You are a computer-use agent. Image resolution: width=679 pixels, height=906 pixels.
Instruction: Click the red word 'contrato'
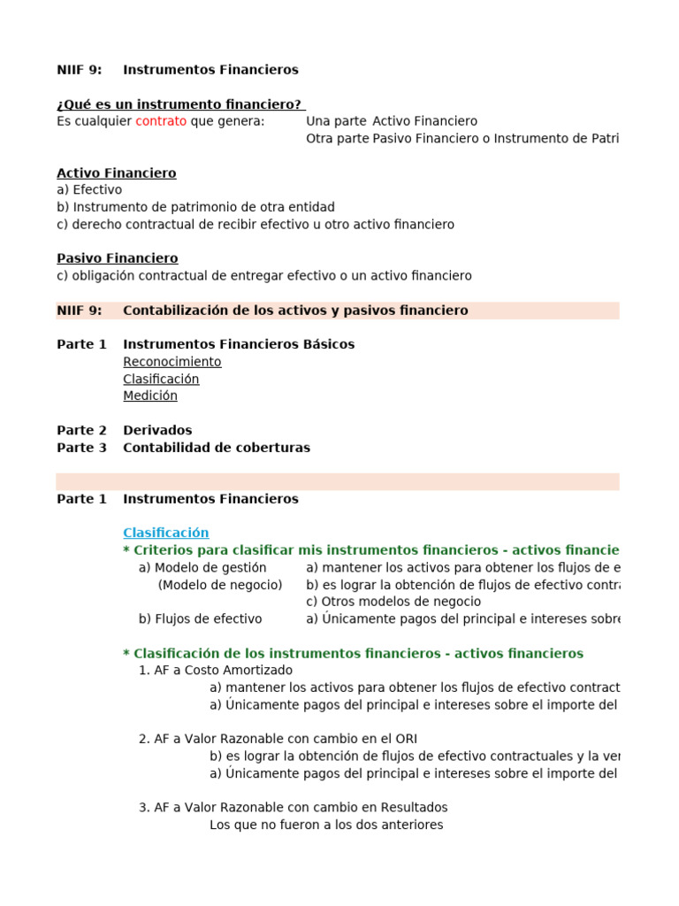tap(161, 121)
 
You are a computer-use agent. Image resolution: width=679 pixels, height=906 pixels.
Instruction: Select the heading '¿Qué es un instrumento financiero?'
tap(180, 104)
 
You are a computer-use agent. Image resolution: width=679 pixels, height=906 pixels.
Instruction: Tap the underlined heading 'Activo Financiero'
tap(117, 173)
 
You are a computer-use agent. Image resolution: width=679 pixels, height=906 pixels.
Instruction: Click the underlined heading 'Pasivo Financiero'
tap(118, 258)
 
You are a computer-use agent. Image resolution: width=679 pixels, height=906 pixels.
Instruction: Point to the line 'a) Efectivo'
tap(89, 190)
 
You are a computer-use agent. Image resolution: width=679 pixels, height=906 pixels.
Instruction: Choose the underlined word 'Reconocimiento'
tap(172, 362)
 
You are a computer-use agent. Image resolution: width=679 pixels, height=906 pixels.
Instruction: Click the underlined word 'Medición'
tap(150, 396)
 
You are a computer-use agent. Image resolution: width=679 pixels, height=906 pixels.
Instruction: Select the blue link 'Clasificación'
tap(166, 533)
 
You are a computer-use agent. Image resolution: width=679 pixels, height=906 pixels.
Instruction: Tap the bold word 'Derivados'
tap(157, 431)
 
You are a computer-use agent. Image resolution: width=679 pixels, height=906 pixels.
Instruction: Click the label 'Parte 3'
tap(81, 448)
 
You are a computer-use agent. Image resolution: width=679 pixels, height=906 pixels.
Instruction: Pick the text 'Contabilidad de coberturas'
tap(217, 448)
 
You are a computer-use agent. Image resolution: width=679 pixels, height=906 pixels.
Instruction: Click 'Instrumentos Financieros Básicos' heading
tap(239, 344)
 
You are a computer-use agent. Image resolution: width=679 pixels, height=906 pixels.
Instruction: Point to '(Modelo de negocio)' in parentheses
tap(220, 585)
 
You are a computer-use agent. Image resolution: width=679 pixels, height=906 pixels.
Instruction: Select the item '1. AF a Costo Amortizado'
tap(216, 671)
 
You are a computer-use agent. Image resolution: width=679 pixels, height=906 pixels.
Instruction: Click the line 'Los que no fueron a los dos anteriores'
tap(326, 825)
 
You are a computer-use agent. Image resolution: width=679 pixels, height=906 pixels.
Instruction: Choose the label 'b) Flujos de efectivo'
tap(200, 618)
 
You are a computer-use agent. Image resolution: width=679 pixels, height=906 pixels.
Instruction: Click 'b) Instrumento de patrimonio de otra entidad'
tap(195, 207)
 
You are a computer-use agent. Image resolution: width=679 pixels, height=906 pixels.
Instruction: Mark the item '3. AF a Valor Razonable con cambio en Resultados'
tap(293, 808)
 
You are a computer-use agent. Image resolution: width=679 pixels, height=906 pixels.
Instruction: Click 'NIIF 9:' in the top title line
tap(79, 70)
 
